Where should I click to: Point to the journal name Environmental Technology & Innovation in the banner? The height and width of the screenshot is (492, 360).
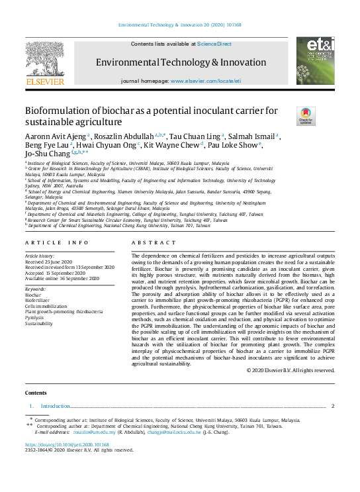click(171, 62)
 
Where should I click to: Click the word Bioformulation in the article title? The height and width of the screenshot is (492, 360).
click(55, 111)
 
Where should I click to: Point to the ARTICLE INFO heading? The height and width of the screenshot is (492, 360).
click(56, 225)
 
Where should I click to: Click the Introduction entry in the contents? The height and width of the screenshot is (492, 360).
click(55, 405)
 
